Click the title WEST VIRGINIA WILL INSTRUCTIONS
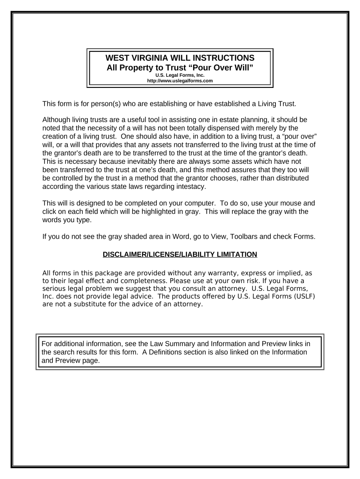(x=180, y=58)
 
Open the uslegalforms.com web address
(x=180, y=80)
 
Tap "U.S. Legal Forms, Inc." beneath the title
(x=180, y=75)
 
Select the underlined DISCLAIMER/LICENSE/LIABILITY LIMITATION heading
(x=180, y=254)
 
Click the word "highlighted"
(x=175, y=212)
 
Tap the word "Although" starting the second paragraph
(x=57, y=120)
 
